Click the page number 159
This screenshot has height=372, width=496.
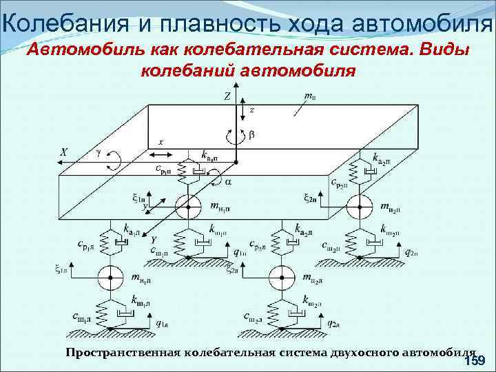coord(475,361)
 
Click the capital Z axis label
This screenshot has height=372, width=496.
coord(227,97)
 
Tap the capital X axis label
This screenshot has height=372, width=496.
coord(63,152)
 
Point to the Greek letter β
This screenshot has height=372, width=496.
coord(251,136)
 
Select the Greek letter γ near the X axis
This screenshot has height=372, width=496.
coord(99,153)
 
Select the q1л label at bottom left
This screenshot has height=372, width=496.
coord(163,322)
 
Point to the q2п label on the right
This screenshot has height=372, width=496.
coord(411,252)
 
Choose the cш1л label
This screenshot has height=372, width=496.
coord(81,316)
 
